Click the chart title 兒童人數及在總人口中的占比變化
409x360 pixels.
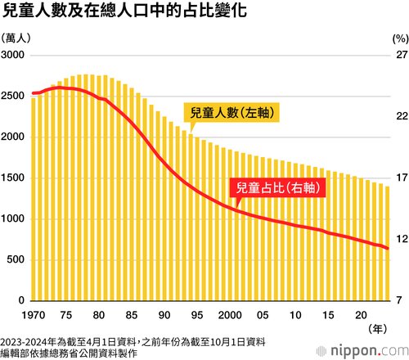click(x=124, y=11)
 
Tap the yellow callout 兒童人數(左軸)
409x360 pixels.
click(x=231, y=112)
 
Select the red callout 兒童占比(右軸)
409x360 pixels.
click(x=277, y=187)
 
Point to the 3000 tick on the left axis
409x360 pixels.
click(x=12, y=55)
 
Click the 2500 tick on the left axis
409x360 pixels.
click(x=12, y=96)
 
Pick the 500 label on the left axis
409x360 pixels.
click(x=16, y=259)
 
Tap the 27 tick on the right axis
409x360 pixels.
click(x=402, y=55)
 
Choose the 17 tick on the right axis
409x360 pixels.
click(x=402, y=178)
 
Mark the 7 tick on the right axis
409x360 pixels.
click(x=399, y=300)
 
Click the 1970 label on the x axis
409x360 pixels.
click(x=34, y=315)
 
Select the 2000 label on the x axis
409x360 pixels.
click(x=230, y=315)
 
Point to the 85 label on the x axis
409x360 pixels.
click(x=132, y=315)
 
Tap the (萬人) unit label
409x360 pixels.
click(x=16, y=38)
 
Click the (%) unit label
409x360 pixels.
click(x=401, y=39)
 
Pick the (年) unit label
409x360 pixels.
click(x=378, y=329)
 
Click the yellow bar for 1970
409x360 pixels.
click(x=34, y=200)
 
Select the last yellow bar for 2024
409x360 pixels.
click(x=387, y=244)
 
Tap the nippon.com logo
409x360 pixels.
click(x=362, y=351)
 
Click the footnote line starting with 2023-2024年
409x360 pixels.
click(x=133, y=342)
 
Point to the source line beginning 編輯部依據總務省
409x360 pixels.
click(x=69, y=353)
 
